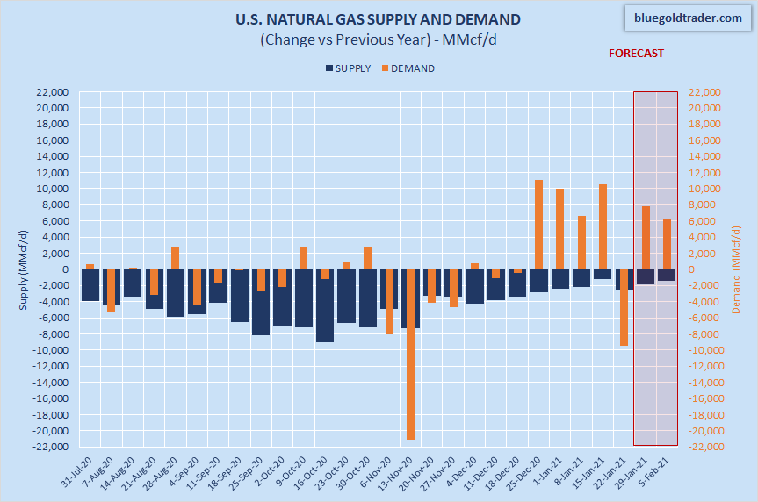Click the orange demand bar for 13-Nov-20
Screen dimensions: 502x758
click(410, 354)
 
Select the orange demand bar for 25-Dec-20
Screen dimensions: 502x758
click(538, 225)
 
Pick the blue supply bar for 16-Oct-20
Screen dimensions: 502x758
click(325, 305)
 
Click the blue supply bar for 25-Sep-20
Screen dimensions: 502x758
click(261, 302)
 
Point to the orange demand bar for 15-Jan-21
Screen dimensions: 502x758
click(603, 226)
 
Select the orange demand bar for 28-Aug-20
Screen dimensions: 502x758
click(175, 258)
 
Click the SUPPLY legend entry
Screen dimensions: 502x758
click(348, 68)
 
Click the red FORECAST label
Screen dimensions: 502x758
click(637, 53)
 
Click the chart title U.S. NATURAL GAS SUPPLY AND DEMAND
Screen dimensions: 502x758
click(378, 19)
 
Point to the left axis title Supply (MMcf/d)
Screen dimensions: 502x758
click(24, 269)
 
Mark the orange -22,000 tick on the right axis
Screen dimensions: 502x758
click(704, 448)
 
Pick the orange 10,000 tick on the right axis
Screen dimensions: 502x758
click(704, 189)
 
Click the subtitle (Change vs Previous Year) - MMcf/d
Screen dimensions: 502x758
click(378, 39)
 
